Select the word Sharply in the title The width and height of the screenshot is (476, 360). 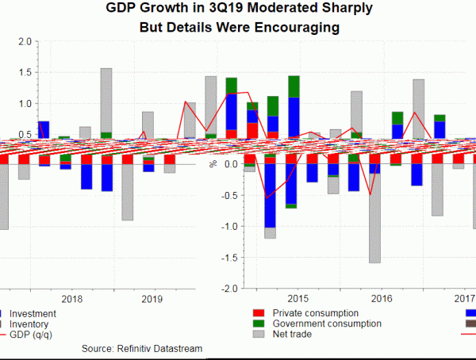[343, 9]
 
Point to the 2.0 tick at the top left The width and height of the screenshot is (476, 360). [25, 41]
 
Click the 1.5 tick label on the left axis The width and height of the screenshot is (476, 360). [25, 72]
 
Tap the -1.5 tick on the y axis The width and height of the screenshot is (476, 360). [227, 258]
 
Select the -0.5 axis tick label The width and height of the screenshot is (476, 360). [227, 196]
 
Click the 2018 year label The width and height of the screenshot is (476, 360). [72, 300]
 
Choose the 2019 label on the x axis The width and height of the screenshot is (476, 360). [152, 300]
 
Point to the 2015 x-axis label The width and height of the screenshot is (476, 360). [297, 299]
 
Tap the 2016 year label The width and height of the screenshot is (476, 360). [382, 299]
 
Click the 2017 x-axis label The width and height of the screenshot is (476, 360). [463, 299]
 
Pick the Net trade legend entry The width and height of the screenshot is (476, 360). [291, 335]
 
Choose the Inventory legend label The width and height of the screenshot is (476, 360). [29, 324]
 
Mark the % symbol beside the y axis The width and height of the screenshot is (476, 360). [212, 164]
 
